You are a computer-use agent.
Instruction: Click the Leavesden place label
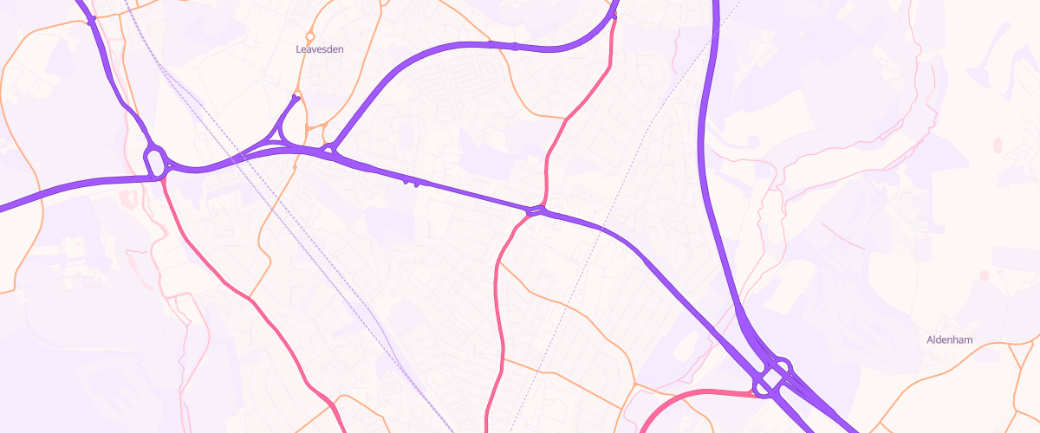(x=320, y=49)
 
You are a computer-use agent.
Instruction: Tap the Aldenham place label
(x=950, y=341)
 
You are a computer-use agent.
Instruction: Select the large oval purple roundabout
(x=155, y=162)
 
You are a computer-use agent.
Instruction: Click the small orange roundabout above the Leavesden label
(x=309, y=36)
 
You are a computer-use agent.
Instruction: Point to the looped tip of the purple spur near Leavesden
(x=296, y=98)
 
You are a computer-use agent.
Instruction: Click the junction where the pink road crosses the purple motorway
(x=537, y=210)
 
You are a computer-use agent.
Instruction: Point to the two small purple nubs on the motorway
(x=412, y=183)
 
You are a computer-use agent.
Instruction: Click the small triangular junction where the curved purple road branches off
(x=328, y=152)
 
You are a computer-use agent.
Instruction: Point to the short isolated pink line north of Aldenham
(x=842, y=236)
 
